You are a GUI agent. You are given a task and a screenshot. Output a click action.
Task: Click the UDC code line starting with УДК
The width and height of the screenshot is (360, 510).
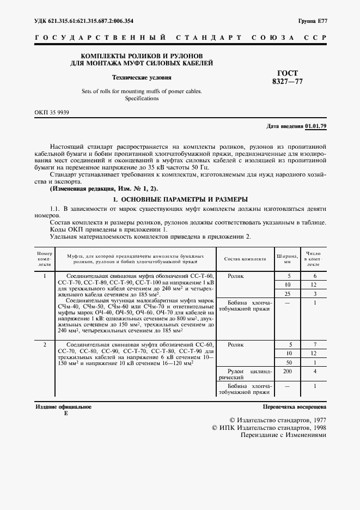point(84,21)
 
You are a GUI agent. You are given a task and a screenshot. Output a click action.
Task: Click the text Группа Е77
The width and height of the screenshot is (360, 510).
point(312,21)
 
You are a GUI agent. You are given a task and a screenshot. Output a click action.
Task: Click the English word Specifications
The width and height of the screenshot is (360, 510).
point(142,99)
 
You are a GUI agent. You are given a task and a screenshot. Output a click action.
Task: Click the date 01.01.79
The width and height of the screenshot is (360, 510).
point(315,126)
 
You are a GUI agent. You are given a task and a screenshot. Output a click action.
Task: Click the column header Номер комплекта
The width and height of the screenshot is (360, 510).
point(44,259)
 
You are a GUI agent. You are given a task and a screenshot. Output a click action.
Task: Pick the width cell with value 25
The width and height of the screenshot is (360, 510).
point(289,294)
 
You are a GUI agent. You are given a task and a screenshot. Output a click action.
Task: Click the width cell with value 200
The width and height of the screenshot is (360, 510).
point(289,371)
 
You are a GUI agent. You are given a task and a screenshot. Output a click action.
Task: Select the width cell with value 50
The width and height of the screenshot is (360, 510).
point(289,362)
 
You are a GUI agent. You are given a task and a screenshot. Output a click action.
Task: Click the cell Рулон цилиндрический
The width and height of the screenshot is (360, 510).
point(245,374)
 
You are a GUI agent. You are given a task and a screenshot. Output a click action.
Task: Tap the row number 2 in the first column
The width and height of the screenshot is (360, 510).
point(45,345)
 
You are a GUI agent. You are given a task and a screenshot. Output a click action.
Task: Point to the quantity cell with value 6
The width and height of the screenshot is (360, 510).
point(315,276)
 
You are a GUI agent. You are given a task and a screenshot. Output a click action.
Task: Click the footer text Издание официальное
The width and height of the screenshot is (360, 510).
point(63,406)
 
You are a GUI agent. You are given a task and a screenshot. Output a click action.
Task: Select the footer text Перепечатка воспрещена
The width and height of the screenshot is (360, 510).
point(294,406)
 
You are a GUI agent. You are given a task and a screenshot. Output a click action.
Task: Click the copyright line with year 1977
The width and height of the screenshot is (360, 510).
point(278,421)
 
